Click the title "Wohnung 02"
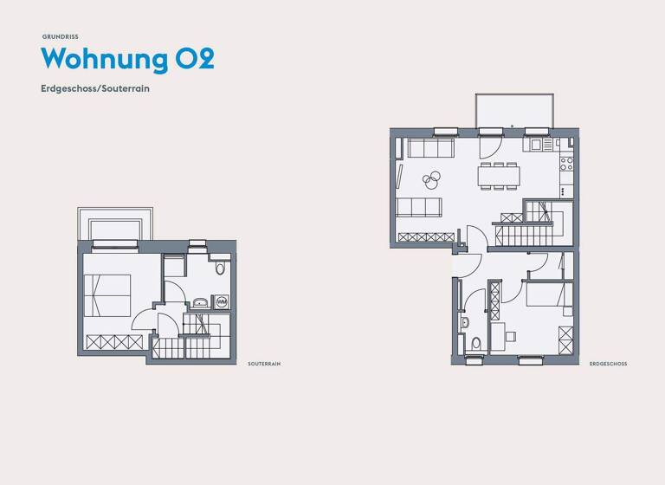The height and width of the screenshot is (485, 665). click(x=127, y=59)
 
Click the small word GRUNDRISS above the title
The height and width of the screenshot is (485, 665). click(x=60, y=36)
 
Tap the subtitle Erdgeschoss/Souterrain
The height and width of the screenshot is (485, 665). click(x=95, y=88)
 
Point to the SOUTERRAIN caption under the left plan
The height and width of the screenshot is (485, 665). click(x=263, y=364)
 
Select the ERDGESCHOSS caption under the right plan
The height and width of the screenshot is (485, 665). click(x=608, y=364)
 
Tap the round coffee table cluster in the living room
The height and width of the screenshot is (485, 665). click(x=431, y=180)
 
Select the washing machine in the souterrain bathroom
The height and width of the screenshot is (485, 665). click(x=221, y=302)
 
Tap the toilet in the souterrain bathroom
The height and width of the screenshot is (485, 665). click(x=219, y=268)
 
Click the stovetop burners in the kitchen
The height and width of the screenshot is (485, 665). click(x=566, y=162)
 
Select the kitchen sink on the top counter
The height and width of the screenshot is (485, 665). click(x=536, y=145)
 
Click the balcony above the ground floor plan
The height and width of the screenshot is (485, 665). click(x=513, y=110)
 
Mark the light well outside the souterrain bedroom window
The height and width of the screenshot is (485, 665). click(x=116, y=224)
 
